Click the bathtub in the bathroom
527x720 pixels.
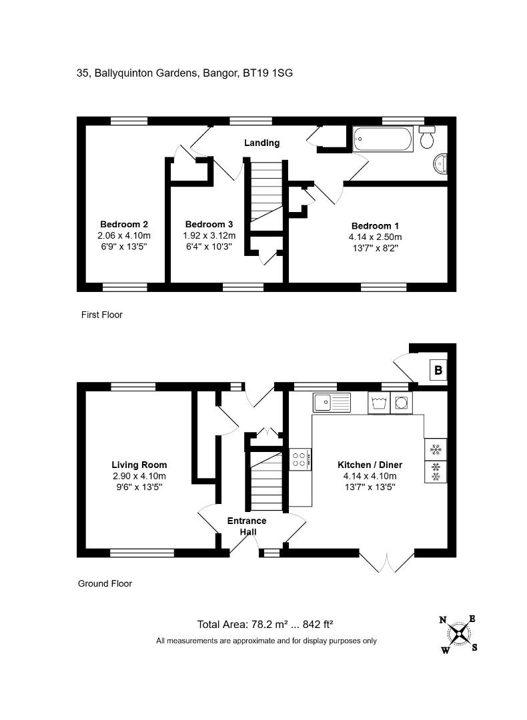pyautogui.click(x=383, y=139)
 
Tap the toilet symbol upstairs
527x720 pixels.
pyautogui.click(x=427, y=137)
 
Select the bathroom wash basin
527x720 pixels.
pyautogui.click(x=440, y=164)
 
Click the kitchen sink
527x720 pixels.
pyautogui.click(x=332, y=403)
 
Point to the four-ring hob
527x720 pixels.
pyautogui.click(x=300, y=459)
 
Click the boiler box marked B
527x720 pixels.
pyautogui.click(x=438, y=370)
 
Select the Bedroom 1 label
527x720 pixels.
pyautogui.click(x=375, y=226)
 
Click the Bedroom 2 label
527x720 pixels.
pyautogui.click(x=124, y=225)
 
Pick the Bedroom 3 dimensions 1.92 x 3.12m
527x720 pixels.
pyautogui.click(x=209, y=235)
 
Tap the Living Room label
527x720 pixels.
pyautogui.click(x=139, y=465)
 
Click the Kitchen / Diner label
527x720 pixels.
pyautogui.click(x=370, y=465)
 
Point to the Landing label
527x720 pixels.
pyautogui.click(x=262, y=143)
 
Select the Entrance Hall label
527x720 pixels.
pyautogui.click(x=247, y=526)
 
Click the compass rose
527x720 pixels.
pyautogui.click(x=458, y=634)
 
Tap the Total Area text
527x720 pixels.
pyautogui.click(x=265, y=625)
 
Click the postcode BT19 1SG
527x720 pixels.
pyautogui.click(x=268, y=73)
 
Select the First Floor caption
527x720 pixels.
pyautogui.click(x=102, y=315)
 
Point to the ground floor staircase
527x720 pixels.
pyautogui.click(x=266, y=480)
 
